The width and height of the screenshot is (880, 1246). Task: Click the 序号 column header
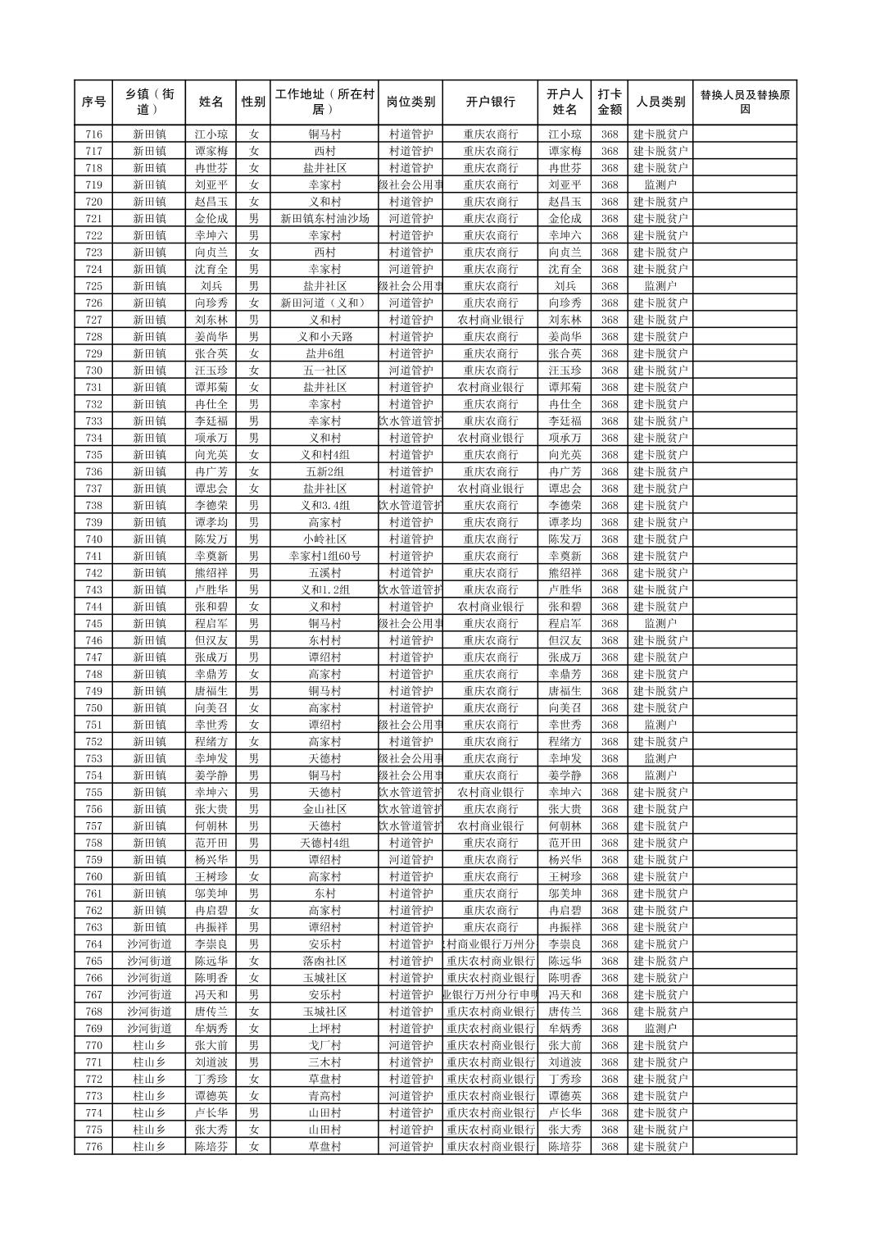[x=93, y=102]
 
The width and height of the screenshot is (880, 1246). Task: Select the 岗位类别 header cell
[x=411, y=102]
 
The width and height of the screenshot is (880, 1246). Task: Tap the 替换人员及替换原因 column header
[x=744, y=102]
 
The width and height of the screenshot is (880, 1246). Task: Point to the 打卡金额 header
[x=609, y=102]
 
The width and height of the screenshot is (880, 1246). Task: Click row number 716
[x=93, y=134]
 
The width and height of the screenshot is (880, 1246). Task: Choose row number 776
[x=93, y=1147]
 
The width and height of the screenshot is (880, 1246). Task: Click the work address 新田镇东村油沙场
[x=324, y=219]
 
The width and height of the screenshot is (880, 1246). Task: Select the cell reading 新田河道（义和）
[x=324, y=303]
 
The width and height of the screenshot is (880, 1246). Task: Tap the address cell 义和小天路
[x=324, y=337]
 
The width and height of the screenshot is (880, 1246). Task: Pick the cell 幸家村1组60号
[x=324, y=557]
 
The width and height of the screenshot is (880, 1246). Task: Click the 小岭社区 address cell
[x=324, y=539]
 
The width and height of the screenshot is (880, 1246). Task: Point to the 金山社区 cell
[x=324, y=809]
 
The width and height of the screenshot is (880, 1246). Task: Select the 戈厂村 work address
[x=324, y=1045]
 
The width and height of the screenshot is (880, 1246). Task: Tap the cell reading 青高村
[x=324, y=1096]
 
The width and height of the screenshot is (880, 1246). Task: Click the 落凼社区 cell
[x=324, y=961]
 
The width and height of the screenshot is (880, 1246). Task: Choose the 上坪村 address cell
[x=324, y=1029]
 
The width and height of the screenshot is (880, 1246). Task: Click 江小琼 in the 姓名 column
[x=211, y=134]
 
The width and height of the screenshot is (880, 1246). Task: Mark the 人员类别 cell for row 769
[x=660, y=1029]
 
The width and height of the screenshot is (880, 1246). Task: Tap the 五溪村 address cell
[x=324, y=573]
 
